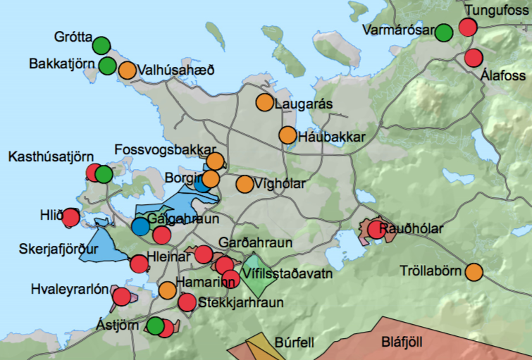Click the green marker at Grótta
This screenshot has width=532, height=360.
pos(101,45)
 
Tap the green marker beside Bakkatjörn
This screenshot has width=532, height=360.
pos(107,66)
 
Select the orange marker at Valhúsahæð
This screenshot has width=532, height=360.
pos(128,70)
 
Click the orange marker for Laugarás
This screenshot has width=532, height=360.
pos(264,102)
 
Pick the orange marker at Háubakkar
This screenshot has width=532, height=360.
pos(287,135)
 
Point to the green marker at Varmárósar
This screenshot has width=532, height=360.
pos(444,32)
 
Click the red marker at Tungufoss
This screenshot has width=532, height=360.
pos(468,27)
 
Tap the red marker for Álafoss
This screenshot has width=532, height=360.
pos(474,58)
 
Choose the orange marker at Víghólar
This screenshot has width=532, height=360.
pos(245,184)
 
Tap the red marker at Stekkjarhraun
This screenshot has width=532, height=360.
pos(187,302)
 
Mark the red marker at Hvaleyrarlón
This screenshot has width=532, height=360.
pos(122,297)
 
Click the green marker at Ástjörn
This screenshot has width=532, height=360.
pos(155,325)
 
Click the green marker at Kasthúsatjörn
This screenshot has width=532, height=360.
pos(104,173)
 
